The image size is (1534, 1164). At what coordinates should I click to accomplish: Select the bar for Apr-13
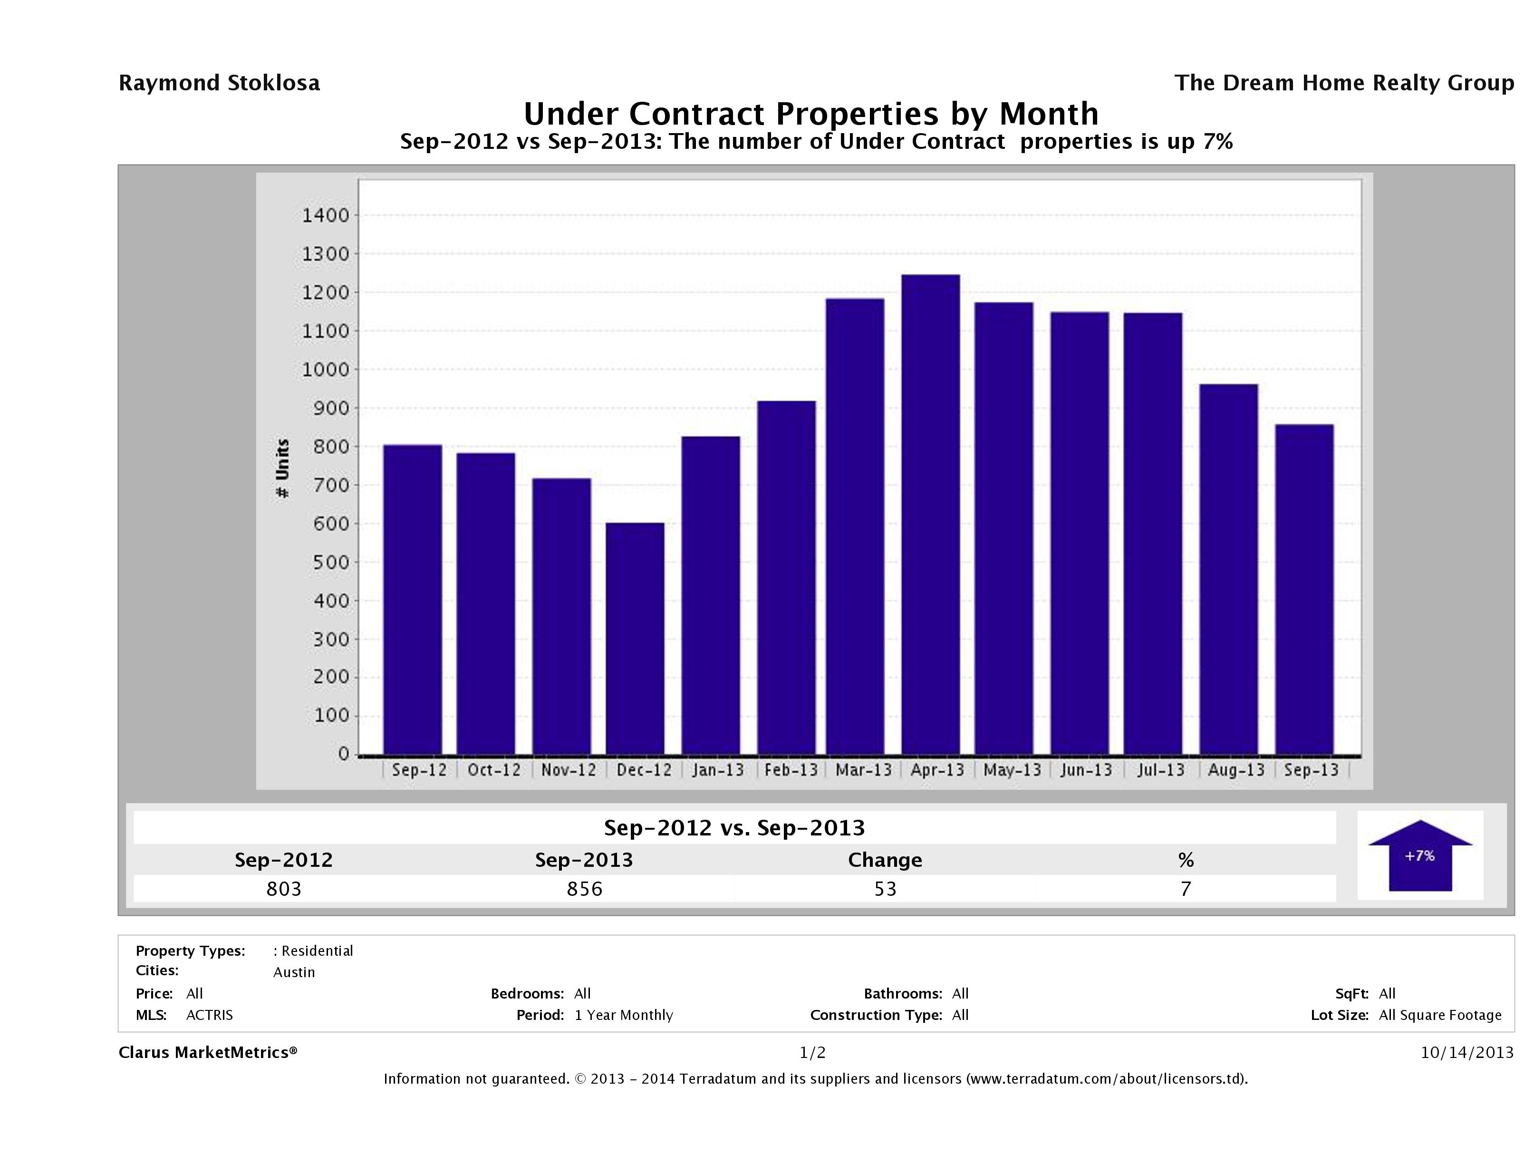coord(931,514)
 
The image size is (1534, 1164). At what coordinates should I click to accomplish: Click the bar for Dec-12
coord(635,638)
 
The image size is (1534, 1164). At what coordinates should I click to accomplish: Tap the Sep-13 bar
coord(1304,589)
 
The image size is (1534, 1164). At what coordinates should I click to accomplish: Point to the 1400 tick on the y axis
coord(325,216)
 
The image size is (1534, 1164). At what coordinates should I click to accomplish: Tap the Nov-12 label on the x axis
coord(568,770)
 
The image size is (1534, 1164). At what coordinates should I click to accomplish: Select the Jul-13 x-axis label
coord(1160,770)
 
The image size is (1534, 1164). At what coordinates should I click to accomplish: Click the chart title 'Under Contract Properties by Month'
coord(810,114)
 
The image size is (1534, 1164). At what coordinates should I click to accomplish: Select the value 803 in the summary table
coord(284,889)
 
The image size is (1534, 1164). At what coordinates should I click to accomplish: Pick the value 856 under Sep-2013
coord(584,889)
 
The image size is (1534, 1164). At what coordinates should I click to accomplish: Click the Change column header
coord(885,860)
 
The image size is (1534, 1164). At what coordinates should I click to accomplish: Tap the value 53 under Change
coord(885,889)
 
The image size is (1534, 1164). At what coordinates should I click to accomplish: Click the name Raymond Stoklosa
coord(219,83)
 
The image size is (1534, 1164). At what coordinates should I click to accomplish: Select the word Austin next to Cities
coord(294,972)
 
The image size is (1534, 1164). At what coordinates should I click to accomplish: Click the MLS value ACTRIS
coord(210,1015)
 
